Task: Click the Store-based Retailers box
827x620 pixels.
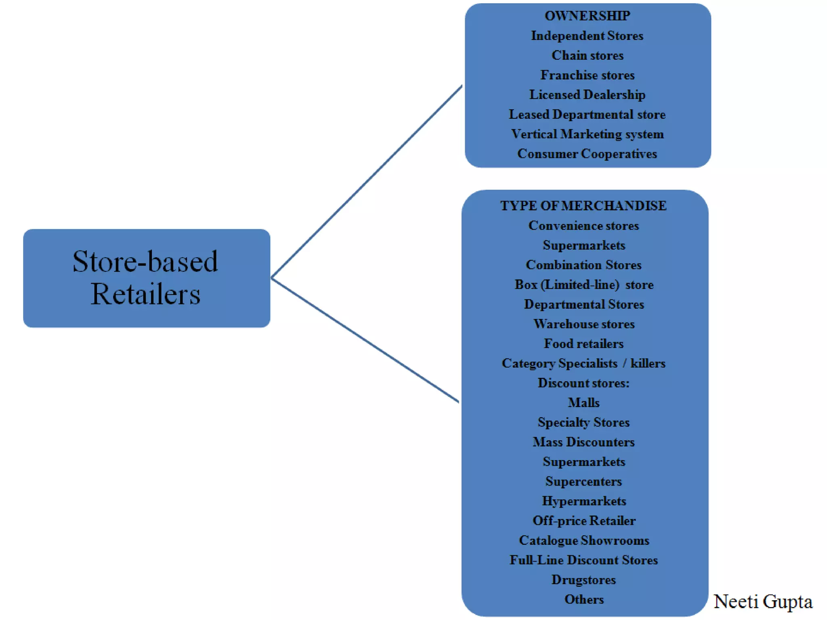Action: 146,278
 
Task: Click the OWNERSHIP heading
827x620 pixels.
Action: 587,16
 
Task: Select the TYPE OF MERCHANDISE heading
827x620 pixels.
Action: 583,206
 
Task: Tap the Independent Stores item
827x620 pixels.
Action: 587,36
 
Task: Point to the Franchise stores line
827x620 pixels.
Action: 587,75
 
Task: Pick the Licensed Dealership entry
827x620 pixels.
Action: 587,95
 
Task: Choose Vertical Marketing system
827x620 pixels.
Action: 587,134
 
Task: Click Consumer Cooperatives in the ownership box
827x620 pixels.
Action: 587,154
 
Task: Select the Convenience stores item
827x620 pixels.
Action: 584,226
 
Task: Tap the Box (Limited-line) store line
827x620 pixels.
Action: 584,285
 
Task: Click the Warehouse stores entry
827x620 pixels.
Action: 584,324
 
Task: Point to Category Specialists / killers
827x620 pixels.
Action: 584,363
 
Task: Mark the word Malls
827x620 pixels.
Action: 584,403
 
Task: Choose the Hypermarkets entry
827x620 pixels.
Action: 584,501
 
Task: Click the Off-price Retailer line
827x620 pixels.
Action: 584,521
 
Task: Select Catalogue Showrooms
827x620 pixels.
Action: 584,540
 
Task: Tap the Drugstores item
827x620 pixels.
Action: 584,580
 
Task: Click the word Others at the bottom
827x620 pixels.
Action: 584,599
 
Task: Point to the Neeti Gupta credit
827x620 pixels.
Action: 763,602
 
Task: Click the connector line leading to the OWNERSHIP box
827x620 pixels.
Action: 367,182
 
